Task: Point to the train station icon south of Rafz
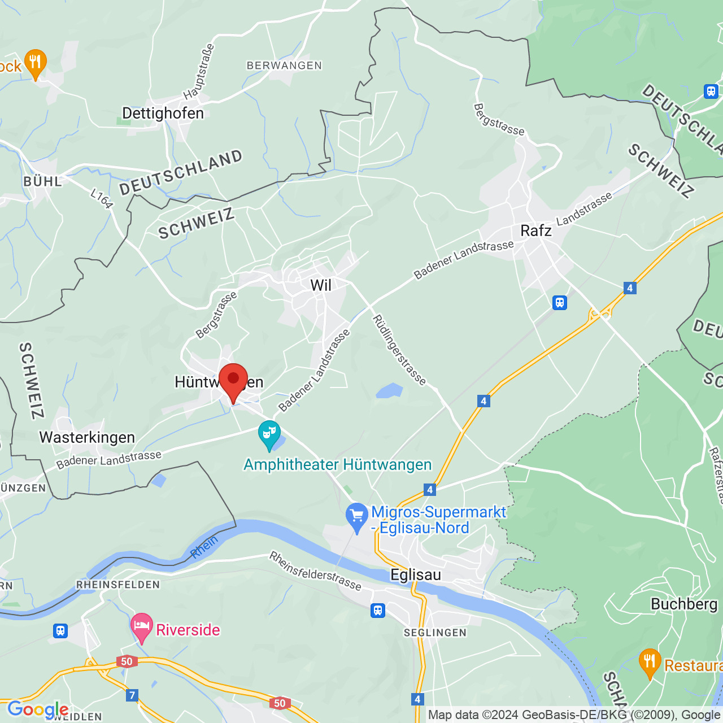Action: [559, 303]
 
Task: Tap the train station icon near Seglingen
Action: [378, 610]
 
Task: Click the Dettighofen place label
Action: [163, 114]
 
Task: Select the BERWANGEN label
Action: [284, 66]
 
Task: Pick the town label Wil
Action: [321, 285]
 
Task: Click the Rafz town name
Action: [535, 230]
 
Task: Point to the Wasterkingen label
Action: [87, 438]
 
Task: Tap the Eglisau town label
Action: [416, 575]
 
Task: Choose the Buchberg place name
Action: [684, 604]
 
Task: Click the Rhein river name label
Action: [204, 547]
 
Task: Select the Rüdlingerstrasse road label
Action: [399, 350]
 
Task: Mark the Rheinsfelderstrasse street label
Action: [315, 570]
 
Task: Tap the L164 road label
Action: [102, 198]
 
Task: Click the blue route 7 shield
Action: [132, 695]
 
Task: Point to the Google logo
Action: [38, 709]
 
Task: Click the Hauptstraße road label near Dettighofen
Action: [199, 72]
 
